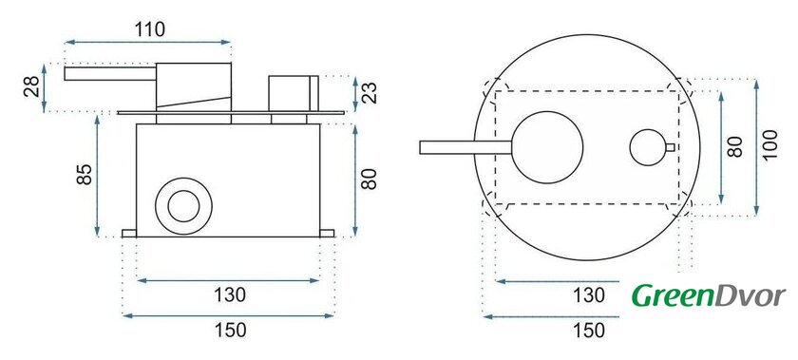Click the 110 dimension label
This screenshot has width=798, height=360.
click(150, 29)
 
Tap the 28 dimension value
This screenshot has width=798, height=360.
click(31, 86)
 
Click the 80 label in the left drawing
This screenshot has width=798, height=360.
click(369, 179)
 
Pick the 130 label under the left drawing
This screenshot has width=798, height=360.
click(230, 294)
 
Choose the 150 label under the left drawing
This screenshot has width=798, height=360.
click(230, 330)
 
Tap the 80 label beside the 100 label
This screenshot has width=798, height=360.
click(734, 146)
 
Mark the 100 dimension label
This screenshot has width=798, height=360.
click(770, 144)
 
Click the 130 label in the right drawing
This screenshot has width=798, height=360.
click(589, 294)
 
